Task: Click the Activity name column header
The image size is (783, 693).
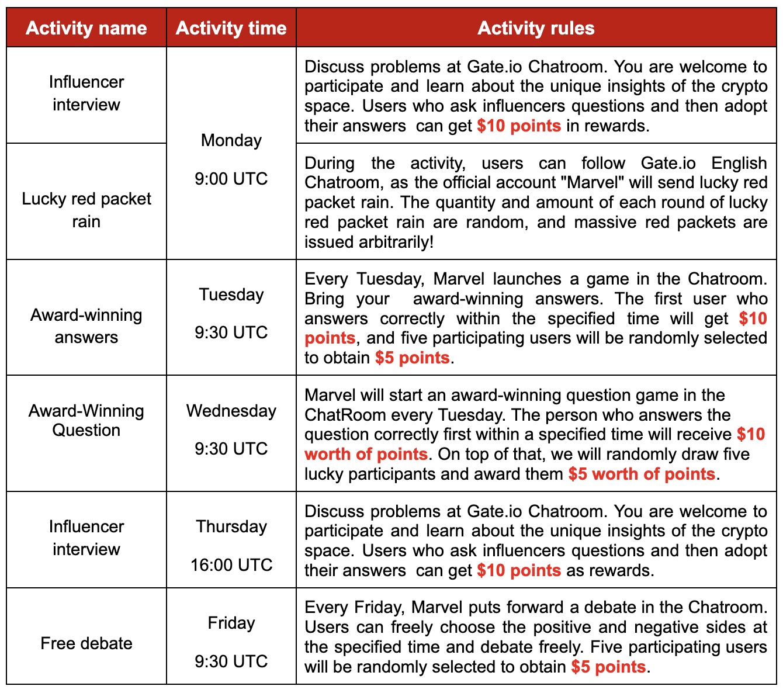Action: [x=86, y=28]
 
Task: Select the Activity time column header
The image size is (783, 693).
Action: [x=231, y=28]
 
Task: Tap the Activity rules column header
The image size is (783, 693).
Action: [x=536, y=28]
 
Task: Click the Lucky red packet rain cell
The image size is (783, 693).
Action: [x=86, y=210]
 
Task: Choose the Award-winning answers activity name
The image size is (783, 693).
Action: [x=86, y=326]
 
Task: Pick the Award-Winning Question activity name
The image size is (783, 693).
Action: [x=86, y=421]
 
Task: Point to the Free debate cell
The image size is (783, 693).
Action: [x=86, y=643]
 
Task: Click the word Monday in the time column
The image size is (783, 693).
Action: [x=231, y=140]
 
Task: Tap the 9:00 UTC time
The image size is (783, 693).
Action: [x=231, y=179]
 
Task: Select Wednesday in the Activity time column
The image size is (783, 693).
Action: [x=231, y=411]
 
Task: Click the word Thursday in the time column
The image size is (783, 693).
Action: [x=231, y=526]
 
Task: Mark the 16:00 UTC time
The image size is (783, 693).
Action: [x=231, y=565]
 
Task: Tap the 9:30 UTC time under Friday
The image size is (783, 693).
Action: [x=231, y=661]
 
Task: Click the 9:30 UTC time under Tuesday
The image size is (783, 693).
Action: [x=231, y=332]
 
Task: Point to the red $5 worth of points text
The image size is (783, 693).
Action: [x=642, y=474]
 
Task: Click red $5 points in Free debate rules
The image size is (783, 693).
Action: [x=608, y=667]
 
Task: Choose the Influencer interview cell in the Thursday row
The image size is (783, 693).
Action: [x=86, y=538]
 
